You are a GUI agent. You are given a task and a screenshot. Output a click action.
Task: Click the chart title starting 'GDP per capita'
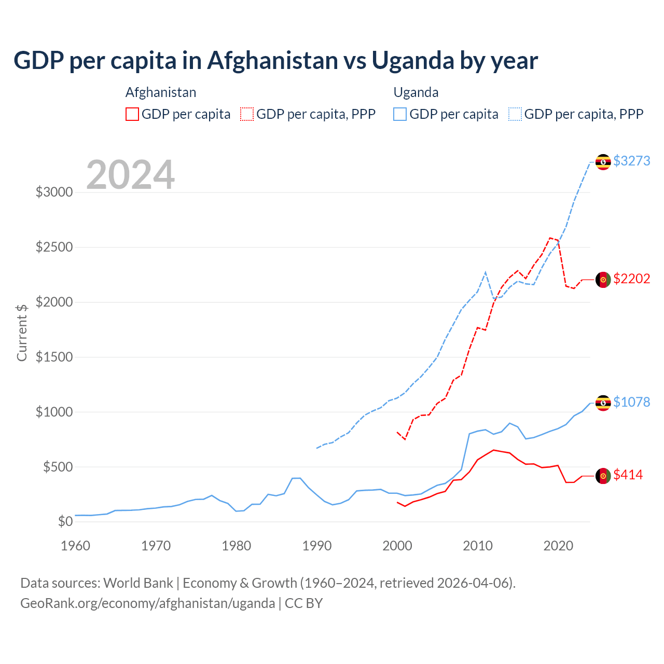(x=275, y=61)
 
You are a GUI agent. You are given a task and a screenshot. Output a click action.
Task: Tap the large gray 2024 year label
(x=130, y=175)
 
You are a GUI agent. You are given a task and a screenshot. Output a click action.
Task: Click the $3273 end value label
(x=631, y=161)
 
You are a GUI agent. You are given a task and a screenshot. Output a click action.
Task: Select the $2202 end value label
(x=631, y=279)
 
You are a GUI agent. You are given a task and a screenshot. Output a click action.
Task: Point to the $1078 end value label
(x=631, y=402)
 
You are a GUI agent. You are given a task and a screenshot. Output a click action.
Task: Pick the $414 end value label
(x=628, y=475)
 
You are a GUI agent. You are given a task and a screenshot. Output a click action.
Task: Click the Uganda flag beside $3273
(x=603, y=162)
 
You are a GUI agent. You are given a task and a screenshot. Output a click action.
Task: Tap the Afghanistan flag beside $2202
(x=603, y=280)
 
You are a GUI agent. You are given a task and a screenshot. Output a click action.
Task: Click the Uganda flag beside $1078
(x=603, y=403)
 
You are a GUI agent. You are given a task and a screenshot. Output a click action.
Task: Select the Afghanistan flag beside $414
(x=603, y=476)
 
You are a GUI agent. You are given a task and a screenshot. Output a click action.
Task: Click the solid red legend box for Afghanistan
(x=132, y=114)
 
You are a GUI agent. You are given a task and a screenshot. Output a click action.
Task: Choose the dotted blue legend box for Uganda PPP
(x=515, y=114)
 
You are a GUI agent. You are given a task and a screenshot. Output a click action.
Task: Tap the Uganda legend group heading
(x=416, y=92)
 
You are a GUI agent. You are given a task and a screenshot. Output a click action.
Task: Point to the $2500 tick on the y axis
(x=54, y=247)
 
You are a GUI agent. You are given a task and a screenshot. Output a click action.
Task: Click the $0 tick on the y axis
(x=65, y=521)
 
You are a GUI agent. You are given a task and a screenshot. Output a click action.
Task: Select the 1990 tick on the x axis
(x=317, y=546)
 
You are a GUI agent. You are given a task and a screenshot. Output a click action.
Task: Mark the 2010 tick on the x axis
(x=478, y=546)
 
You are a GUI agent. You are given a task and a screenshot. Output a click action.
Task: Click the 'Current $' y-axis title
(x=22, y=332)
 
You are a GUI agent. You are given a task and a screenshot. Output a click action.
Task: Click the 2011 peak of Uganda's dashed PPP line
(x=485, y=272)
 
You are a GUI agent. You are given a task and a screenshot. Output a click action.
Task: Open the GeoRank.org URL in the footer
(x=148, y=603)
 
